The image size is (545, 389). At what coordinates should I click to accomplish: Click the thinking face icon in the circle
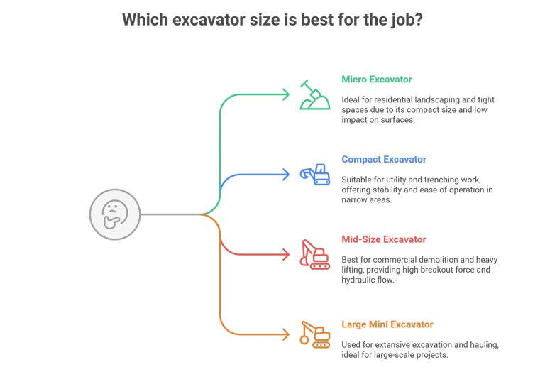[115, 214]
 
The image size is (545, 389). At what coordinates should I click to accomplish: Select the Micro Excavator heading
[377, 80]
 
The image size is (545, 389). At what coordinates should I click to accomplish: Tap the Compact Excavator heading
[384, 159]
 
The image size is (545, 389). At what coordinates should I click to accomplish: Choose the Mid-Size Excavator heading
[384, 239]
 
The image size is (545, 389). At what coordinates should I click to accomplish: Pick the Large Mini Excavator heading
[387, 324]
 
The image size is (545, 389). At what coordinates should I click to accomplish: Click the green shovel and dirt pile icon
[315, 94]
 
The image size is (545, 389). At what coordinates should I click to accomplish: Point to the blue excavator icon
[315, 175]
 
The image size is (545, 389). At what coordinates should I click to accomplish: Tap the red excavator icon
[315, 254]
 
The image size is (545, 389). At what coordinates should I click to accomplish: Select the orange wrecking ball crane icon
[315, 334]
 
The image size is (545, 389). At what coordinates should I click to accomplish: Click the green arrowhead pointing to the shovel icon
[286, 94]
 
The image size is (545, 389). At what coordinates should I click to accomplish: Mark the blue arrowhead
[286, 175]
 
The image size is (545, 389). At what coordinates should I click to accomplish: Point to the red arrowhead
[286, 254]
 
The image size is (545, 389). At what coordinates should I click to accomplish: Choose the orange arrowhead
[286, 334]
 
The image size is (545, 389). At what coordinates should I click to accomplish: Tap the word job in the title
[407, 21]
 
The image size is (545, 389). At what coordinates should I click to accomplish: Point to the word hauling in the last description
[485, 345]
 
